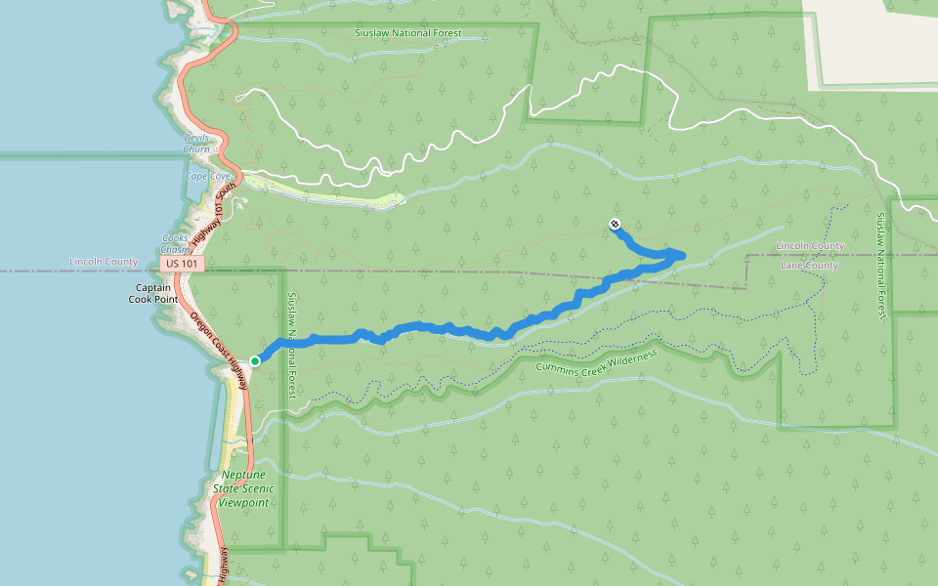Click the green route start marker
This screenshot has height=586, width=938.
click(255, 361)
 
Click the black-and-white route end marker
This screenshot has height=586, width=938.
click(615, 224)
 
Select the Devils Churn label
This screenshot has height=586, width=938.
click(196, 144)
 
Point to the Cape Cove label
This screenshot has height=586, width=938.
click(207, 177)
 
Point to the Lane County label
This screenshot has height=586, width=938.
click(810, 266)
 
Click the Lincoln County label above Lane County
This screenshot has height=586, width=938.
click(810, 245)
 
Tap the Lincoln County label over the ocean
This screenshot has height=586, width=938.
click(104, 262)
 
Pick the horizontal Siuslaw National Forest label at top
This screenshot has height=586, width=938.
click(408, 33)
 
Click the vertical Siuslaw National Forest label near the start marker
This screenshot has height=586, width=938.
click(290, 344)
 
